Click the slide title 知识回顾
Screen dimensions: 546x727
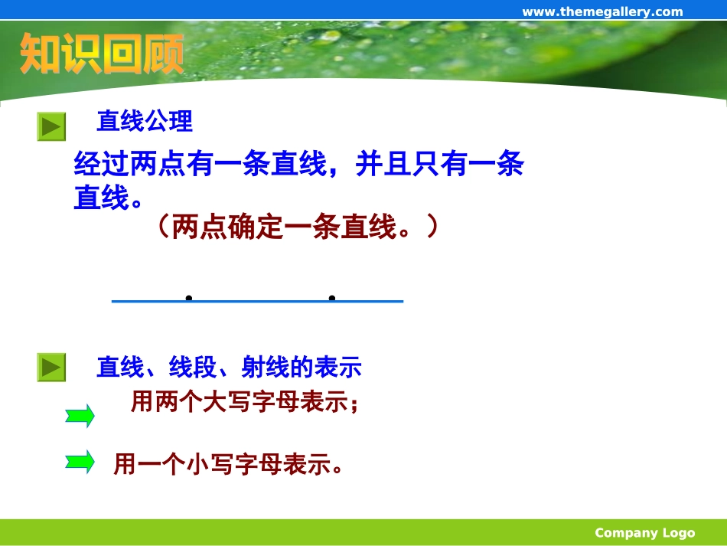coord(102,54)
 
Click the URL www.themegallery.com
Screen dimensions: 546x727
coord(601,11)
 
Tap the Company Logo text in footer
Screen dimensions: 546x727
coord(644,533)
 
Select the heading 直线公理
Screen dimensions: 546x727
coord(144,121)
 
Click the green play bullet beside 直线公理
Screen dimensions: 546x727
coord(52,126)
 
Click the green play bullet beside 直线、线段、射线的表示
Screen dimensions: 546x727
coord(52,368)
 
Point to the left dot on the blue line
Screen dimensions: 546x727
coord(188,298)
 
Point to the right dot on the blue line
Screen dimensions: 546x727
coord(332,298)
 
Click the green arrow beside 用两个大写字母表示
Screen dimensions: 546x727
coord(80,416)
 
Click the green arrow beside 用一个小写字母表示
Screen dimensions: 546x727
coord(80,462)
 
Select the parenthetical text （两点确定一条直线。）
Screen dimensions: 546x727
coord(298,227)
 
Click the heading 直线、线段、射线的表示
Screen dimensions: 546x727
coord(228,368)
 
